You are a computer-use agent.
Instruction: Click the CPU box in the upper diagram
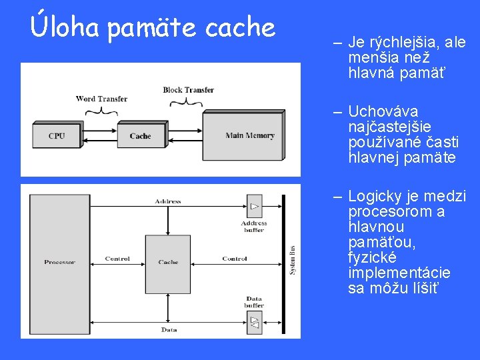57,136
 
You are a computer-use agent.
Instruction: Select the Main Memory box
250,135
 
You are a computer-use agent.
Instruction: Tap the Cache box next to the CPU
140,136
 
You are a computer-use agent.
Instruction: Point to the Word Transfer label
101,99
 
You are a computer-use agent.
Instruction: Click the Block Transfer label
189,90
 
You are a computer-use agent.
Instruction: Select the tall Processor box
59,262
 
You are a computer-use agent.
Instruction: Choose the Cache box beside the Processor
168,262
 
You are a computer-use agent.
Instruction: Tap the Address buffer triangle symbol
254,206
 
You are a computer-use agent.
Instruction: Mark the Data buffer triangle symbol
254,323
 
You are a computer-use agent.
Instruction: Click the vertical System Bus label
292,260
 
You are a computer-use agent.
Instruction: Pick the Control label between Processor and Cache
117,259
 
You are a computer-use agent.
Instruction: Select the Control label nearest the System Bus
235,259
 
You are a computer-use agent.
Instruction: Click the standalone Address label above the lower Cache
168,201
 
